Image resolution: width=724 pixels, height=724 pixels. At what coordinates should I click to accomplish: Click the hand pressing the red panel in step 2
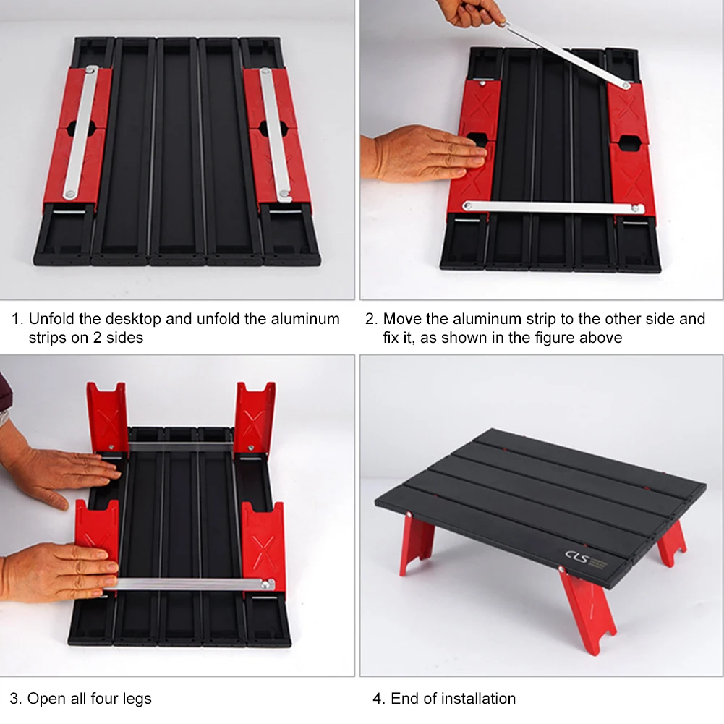tap(423, 153)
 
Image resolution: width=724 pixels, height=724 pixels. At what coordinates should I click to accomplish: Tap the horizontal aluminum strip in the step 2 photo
tap(553, 207)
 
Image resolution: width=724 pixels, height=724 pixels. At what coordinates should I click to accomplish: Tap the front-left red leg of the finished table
tap(417, 542)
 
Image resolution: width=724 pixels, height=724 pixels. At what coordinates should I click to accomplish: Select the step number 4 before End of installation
tap(377, 699)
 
